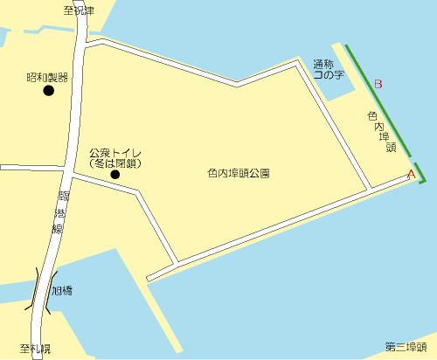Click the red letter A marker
click(x=411, y=175)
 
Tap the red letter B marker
click(x=378, y=85)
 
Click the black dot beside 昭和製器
click(x=49, y=91)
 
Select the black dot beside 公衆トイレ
click(x=115, y=175)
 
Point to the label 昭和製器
click(x=47, y=77)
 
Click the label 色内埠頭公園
click(x=239, y=174)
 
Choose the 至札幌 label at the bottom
click(x=36, y=349)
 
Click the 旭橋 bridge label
click(x=63, y=291)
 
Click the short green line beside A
click(x=421, y=173)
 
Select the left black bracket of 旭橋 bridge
click(x=36, y=289)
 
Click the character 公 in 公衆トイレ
click(x=94, y=153)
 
